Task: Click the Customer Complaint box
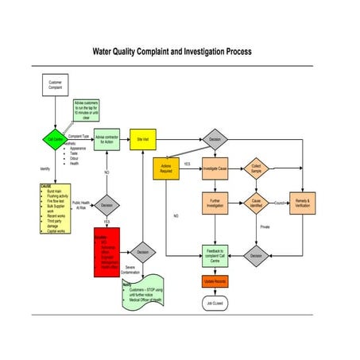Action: point(55,85)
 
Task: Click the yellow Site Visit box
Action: point(142,139)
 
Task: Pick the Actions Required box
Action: point(166,168)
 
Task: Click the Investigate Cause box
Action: point(215,168)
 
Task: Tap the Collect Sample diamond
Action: point(256,168)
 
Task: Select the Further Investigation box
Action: point(215,203)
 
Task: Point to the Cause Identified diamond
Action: point(256,203)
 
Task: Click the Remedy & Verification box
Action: point(300,203)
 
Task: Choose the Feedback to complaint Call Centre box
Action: point(215,254)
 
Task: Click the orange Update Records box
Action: point(215,281)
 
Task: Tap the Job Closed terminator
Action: point(215,303)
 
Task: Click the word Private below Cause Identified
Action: point(265,226)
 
